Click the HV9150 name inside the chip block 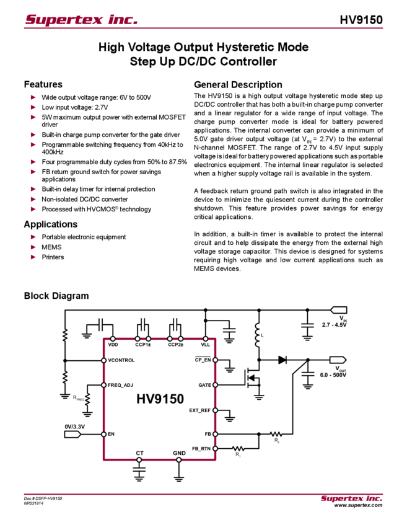159,399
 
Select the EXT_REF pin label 201,410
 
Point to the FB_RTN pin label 202,446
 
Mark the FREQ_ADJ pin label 120,384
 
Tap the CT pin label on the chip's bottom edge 139,453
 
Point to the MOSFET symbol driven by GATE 252,379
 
